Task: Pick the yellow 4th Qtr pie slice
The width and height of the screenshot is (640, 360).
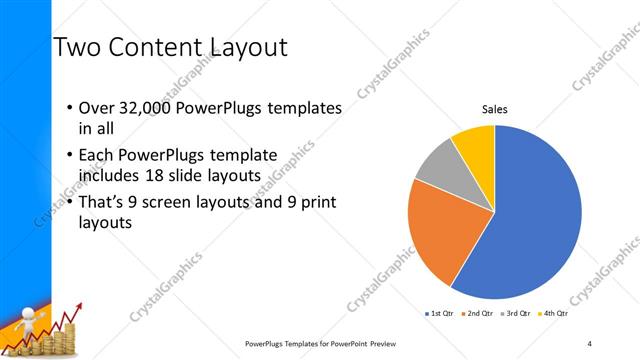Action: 475,145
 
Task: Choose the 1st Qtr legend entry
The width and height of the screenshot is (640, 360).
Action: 439,314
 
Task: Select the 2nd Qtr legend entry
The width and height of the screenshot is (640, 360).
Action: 476,314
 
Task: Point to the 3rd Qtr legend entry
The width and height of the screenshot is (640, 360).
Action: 515,314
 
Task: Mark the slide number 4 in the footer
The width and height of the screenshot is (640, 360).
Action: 590,343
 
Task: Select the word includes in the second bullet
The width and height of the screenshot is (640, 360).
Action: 112,176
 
